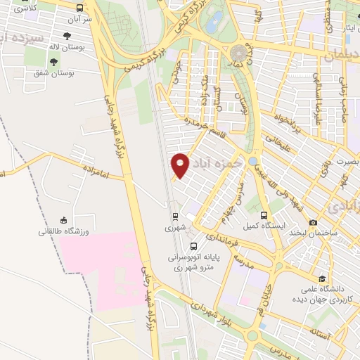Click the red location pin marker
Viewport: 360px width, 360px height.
pyautogui.click(x=181, y=165)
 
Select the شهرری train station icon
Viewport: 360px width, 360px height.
pyautogui.click(x=174, y=216)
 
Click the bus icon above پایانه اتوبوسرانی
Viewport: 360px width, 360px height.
pyautogui.click(x=193, y=246)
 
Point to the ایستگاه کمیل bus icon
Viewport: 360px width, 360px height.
pyautogui.click(x=264, y=216)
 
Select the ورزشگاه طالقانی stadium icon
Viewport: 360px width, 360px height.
pyautogui.click(x=63, y=220)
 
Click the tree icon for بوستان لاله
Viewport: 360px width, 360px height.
pyautogui.click(x=67, y=37)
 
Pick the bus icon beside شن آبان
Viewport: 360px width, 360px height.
pyautogui.click(x=78, y=8)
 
